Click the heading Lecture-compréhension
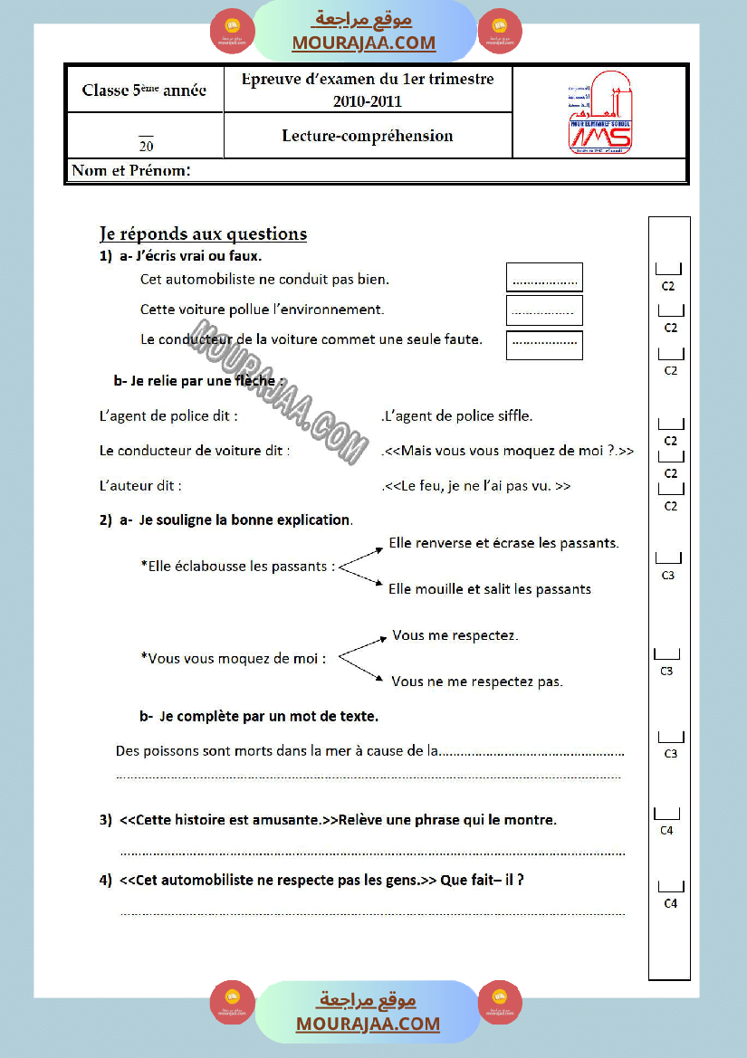(368, 136)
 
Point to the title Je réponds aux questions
(203, 234)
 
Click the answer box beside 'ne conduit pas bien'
(544, 278)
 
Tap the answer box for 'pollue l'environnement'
(544, 310)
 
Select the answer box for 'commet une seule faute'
(544, 345)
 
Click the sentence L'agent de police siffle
(458, 416)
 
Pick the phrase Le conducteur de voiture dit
(195, 451)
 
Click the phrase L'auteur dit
(140, 486)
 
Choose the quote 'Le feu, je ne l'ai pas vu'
(477, 486)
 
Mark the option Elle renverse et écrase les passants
(503, 544)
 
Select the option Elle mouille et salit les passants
(489, 589)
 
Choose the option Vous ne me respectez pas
(477, 682)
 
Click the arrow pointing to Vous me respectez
(362, 644)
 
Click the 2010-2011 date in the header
(367, 101)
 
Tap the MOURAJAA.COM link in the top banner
(363, 43)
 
